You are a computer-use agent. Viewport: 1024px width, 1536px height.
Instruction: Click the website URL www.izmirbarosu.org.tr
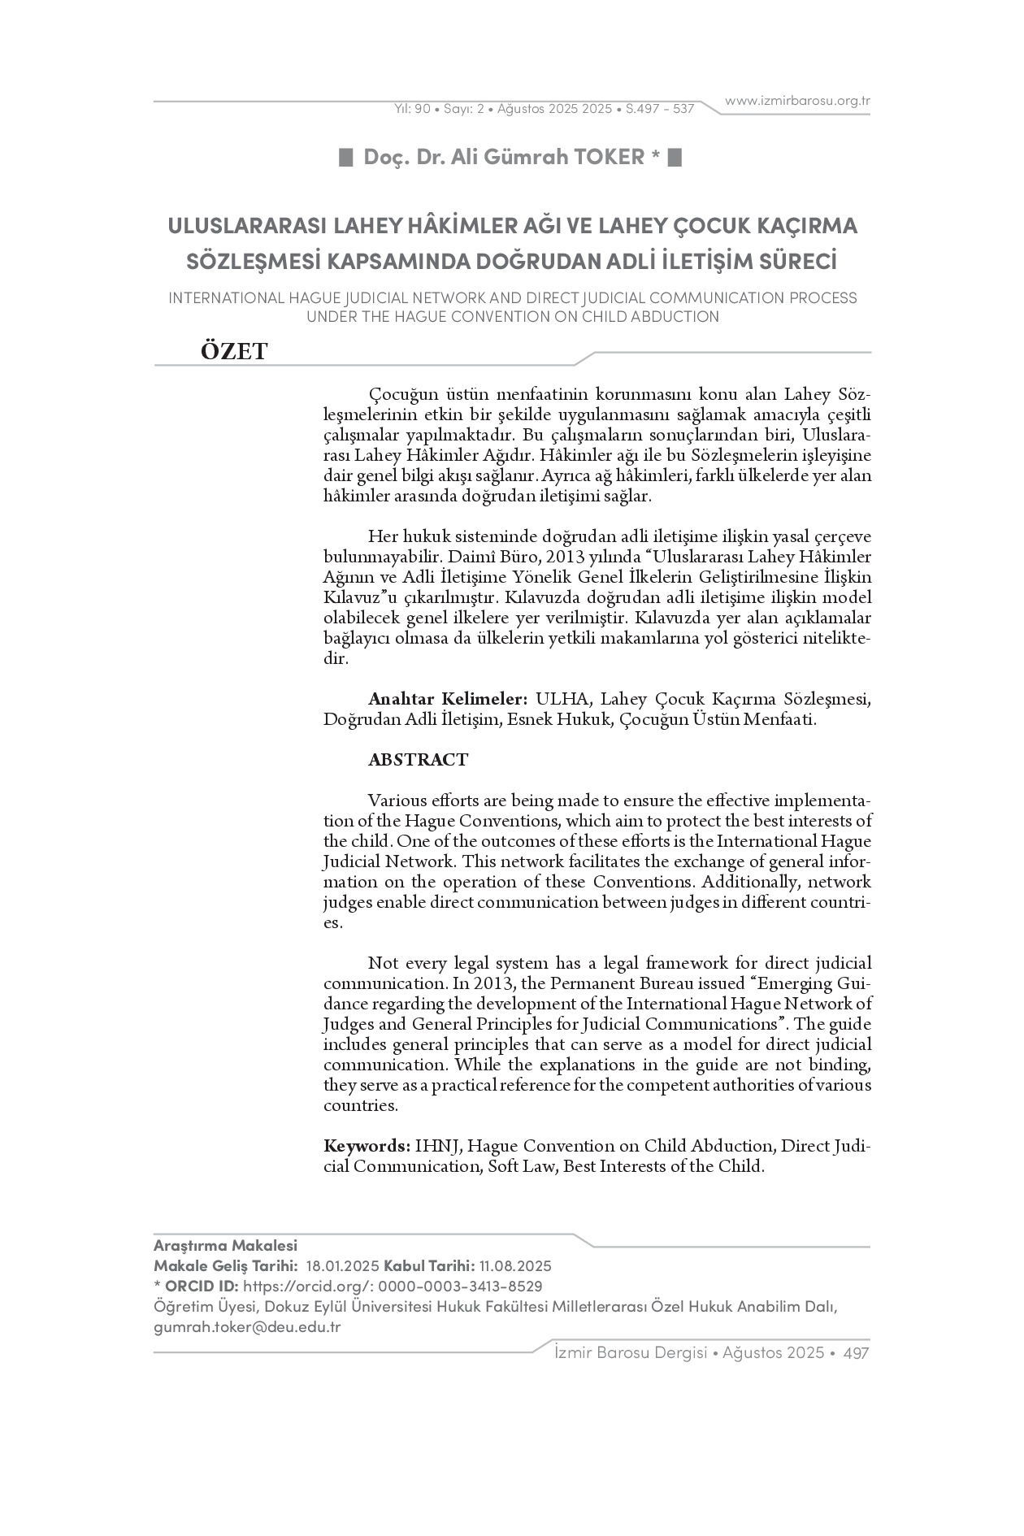797,101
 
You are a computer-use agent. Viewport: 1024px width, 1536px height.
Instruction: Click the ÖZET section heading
234,351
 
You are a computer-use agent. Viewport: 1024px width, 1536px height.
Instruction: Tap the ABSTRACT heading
418,760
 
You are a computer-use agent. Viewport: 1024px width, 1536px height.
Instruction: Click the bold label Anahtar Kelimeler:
448,699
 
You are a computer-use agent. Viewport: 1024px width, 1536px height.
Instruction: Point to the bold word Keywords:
367,1146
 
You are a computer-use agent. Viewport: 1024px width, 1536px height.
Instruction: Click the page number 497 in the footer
857,1353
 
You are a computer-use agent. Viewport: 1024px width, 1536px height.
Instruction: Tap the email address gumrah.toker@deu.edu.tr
247,1327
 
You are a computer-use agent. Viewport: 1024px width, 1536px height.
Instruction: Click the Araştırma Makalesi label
225,1246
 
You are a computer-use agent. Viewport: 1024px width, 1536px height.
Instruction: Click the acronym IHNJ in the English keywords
438,1146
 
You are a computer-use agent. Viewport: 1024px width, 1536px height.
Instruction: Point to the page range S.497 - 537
660,108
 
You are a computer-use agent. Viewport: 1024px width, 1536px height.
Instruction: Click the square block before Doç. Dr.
345,157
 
